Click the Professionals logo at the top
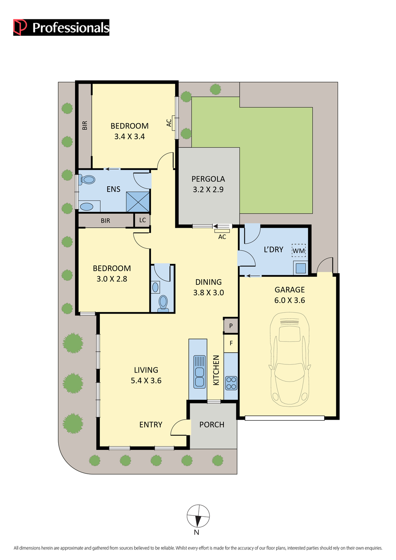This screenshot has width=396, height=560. click(61, 28)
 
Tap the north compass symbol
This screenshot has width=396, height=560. click(198, 516)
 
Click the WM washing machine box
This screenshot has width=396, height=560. click(298, 251)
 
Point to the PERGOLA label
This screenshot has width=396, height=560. click(208, 179)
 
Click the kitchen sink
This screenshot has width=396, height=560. click(199, 372)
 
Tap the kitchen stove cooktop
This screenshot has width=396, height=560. click(231, 383)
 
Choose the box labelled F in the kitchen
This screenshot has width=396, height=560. click(231, 343)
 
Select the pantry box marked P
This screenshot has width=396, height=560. click(231, 326)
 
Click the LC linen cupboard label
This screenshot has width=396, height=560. click(142, 220)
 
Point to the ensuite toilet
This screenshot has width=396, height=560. click(87, 180)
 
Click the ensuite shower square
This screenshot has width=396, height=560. click(138, 202)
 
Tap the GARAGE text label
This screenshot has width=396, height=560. click(290, 290)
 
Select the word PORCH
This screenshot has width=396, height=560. click(212, 425)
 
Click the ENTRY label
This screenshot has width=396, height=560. click(151, 425)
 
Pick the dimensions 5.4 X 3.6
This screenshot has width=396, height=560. click(146, 381)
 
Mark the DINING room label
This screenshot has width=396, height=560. click(208, 282)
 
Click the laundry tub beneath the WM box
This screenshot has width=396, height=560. click(301, 268)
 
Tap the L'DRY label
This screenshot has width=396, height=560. click(273, 249)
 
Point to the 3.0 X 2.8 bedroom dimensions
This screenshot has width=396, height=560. click(112, 279)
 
